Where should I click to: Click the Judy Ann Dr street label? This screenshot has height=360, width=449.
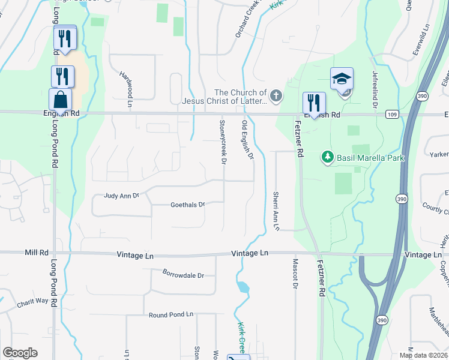point(121,196)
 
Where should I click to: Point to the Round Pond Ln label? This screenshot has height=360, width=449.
point(171,314)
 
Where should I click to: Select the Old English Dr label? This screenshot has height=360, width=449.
point(248,140)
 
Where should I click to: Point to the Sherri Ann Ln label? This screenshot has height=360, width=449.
point(276,211)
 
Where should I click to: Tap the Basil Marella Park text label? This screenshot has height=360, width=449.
point(370,158)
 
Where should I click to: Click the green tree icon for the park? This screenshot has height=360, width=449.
point(328,157)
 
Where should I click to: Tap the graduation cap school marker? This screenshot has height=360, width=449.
point(342,79)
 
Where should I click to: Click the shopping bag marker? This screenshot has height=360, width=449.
point(60,99)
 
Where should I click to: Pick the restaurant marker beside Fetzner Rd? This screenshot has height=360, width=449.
point(314,103)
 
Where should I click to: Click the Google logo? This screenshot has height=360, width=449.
point(20,352)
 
